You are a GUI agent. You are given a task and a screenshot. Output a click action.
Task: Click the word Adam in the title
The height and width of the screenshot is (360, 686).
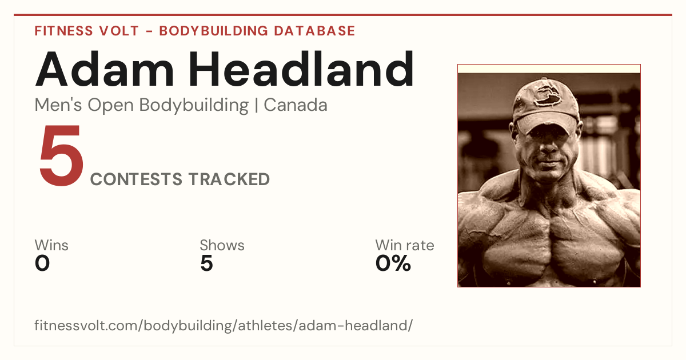(105, 69)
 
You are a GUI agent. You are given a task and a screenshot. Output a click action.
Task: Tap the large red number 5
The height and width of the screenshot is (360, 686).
(61, 155)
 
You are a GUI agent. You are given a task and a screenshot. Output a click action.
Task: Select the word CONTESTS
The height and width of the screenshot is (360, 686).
(136, 179)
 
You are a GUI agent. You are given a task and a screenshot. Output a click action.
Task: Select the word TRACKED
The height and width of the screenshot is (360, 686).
(229, 179)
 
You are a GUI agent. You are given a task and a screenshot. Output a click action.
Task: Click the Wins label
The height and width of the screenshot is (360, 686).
(51, 245)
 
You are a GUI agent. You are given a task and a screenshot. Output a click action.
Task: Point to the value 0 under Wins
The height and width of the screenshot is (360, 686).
(42, 263)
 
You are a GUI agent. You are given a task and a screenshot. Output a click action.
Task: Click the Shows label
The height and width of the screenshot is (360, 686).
(222, 245)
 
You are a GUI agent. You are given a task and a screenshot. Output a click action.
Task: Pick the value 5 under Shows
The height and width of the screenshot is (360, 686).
(207, 263)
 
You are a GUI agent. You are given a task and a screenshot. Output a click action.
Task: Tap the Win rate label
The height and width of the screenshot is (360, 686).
(405, 245)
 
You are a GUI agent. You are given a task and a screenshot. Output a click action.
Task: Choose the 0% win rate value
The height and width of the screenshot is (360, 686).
(393, 263)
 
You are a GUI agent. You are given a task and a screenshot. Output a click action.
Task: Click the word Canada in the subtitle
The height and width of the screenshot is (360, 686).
(296, 105)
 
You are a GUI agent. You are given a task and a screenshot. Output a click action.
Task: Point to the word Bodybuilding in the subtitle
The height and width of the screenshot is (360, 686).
(194, 106)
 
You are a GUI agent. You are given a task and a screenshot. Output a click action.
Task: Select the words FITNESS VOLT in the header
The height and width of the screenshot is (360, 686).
(87, 31)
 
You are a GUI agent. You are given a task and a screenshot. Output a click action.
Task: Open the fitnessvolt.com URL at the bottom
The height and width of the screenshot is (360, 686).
(224, 325)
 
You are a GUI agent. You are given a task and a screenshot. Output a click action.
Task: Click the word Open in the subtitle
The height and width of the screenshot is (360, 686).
(111, 106)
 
